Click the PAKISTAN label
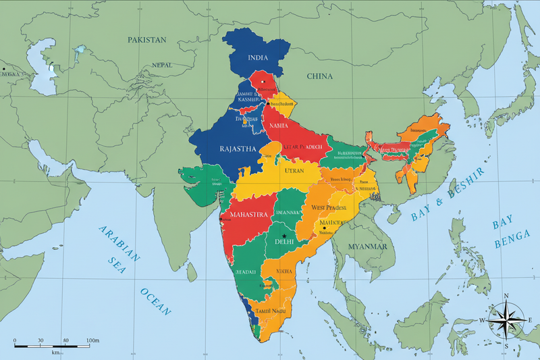(x=146, y=40)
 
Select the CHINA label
(x=320, y=76)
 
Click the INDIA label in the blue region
(x=258, y=58)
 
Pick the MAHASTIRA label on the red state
(x=250, y=215)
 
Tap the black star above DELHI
(x=285, y=235)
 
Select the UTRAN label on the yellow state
(x=294, y=171)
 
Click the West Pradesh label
(x=328, y=208)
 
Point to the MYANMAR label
(x=367, y=247)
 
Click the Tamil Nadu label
(x=271, y=311)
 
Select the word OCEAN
(x=156, y=302)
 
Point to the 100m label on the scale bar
(x=92, y=340)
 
